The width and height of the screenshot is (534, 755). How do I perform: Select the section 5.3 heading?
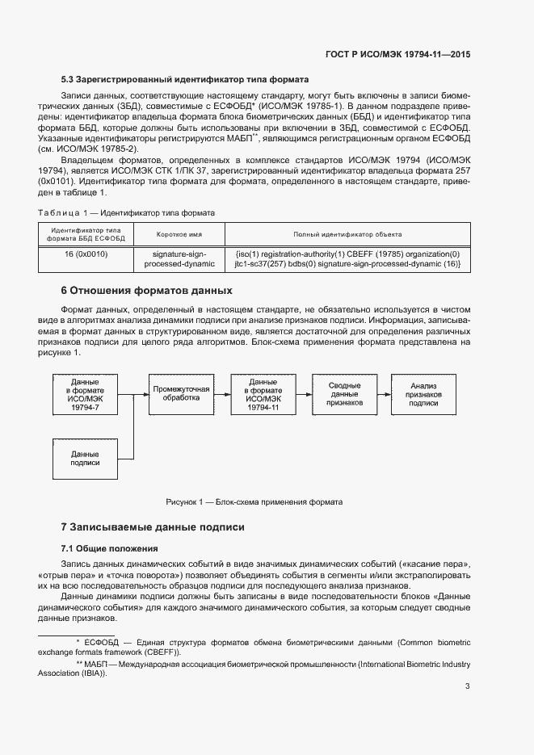tap(185, 79)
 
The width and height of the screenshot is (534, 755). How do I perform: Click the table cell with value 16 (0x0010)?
tap(86, 254)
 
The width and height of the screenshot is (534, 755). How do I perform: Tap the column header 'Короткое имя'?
tap(179, 234)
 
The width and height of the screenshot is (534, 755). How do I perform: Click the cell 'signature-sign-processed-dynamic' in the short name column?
tap(179, 258)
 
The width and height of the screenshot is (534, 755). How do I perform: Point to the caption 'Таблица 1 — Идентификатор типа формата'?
tap(126, 212)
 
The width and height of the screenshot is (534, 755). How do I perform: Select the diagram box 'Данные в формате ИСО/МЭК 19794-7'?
tap(85, 396)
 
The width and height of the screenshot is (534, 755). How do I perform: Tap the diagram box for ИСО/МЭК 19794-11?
tap(263, 396)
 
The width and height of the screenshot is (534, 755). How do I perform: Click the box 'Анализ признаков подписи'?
tap(423, 396)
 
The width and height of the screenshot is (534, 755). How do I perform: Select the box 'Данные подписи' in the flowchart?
tap(85, 459)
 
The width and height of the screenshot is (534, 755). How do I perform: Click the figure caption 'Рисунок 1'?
tap(254, 502)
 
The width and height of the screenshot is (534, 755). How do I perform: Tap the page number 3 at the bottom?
tap(467, 686)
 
